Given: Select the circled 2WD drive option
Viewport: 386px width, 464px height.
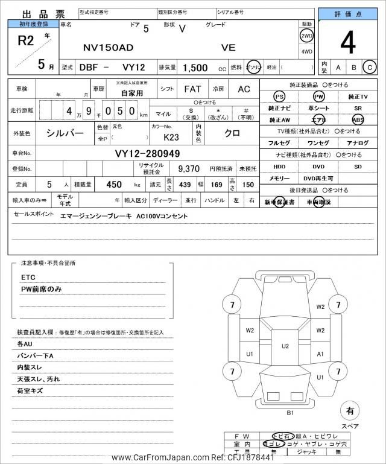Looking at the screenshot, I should tap(306, 36).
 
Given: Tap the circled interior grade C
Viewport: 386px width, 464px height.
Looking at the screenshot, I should tap(370, 67).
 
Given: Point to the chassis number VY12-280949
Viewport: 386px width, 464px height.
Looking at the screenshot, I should tap(148, 154).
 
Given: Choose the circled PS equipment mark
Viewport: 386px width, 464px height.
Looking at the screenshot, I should tap(279, 97).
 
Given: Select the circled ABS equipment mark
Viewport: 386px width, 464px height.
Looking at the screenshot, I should tap(358, 119).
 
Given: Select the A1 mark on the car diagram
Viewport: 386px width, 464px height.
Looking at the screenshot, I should tap(320, 354).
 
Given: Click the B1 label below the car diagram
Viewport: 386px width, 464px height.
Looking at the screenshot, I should tap(289, 413).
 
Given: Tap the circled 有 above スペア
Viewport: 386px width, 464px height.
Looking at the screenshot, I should tap(349, 411).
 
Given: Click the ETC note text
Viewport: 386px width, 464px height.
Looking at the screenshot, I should tap(28, 277).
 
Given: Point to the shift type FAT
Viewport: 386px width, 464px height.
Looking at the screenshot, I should tap(192, 89).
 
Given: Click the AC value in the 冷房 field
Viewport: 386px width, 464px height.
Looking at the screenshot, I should tap(244, 89).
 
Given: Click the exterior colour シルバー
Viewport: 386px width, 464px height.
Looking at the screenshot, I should tap(66, 133).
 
